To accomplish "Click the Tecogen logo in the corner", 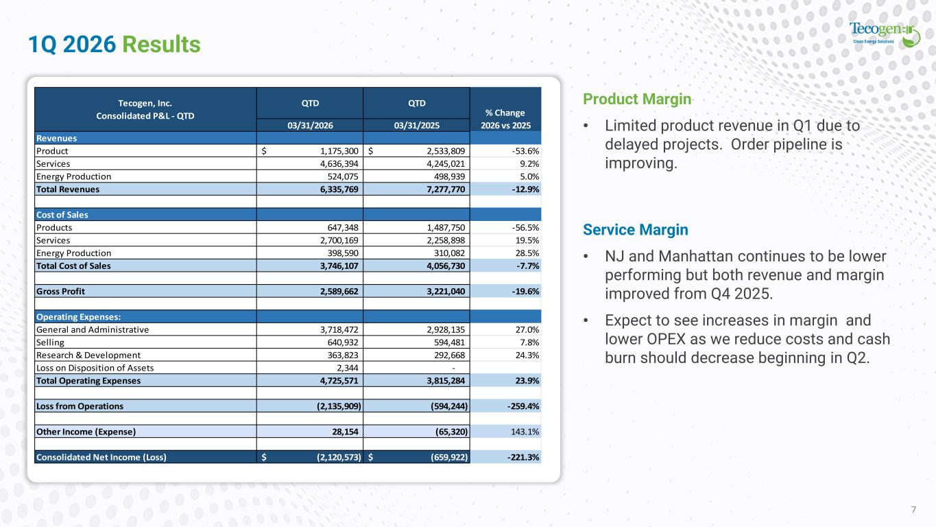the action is pos(885,34).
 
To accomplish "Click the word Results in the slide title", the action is pos(161,45).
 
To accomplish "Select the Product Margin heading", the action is pos(637,99).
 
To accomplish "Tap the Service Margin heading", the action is pos(635,230).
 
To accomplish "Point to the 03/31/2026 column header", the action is pos(310,126).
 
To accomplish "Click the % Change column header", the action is pos(505,119).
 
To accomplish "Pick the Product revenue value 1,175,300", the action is pos(339,151).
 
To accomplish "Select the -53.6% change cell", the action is pos(525,151).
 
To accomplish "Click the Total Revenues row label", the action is pos(68,189).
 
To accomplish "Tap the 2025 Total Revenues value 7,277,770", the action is pos(446,189).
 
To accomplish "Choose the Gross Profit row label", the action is pos(60,291).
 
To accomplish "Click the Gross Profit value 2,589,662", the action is pos(339,291).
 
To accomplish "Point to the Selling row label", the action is pos(50,342).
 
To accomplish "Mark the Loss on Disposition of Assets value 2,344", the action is pos(348,368).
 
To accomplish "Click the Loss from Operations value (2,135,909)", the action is pos(339,406).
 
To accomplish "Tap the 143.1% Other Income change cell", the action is pos(525,432).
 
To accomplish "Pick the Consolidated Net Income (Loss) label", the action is pos(101,457).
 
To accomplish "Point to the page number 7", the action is pos(914,509).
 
